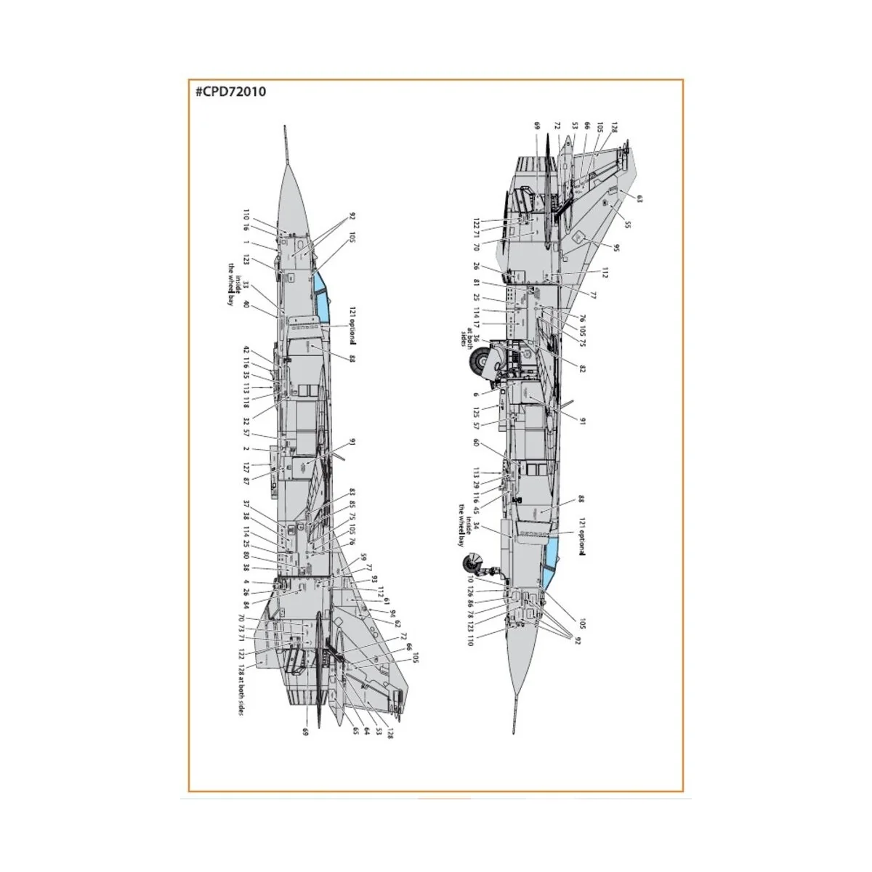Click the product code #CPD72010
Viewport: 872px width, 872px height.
[230, 92]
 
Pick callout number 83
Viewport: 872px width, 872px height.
[352, 492]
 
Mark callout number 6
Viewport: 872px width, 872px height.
[476, 395]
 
